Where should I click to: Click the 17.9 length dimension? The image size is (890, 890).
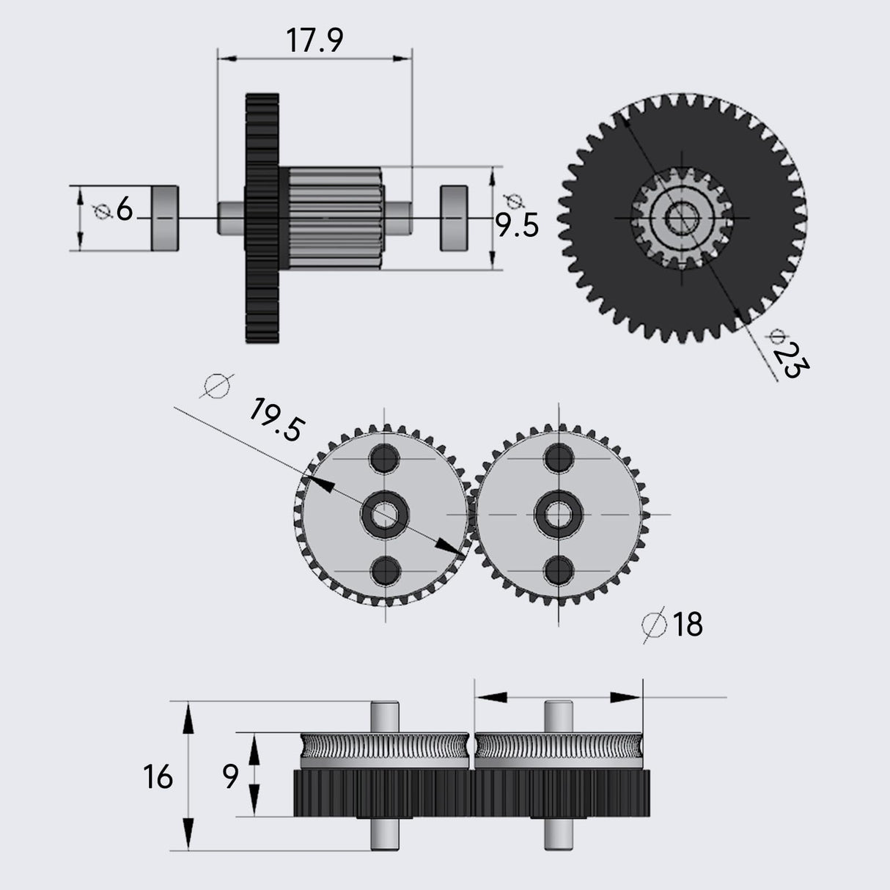[314, 41]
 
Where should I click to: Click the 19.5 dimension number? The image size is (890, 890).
[275, 421]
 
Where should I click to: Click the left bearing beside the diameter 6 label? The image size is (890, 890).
[165, 218]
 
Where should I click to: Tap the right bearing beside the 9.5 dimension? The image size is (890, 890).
[455, 218]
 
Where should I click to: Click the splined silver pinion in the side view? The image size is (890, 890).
[334, 218]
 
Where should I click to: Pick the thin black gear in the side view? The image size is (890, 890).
[262, 218]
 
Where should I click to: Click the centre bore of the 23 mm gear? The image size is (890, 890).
[681, 218]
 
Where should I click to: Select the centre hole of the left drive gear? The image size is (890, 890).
[383, 514]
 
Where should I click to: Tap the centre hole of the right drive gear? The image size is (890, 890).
[559, 514]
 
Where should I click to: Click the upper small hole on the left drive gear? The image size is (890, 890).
[383, 459]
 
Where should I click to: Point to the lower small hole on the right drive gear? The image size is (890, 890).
[559, 569]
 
